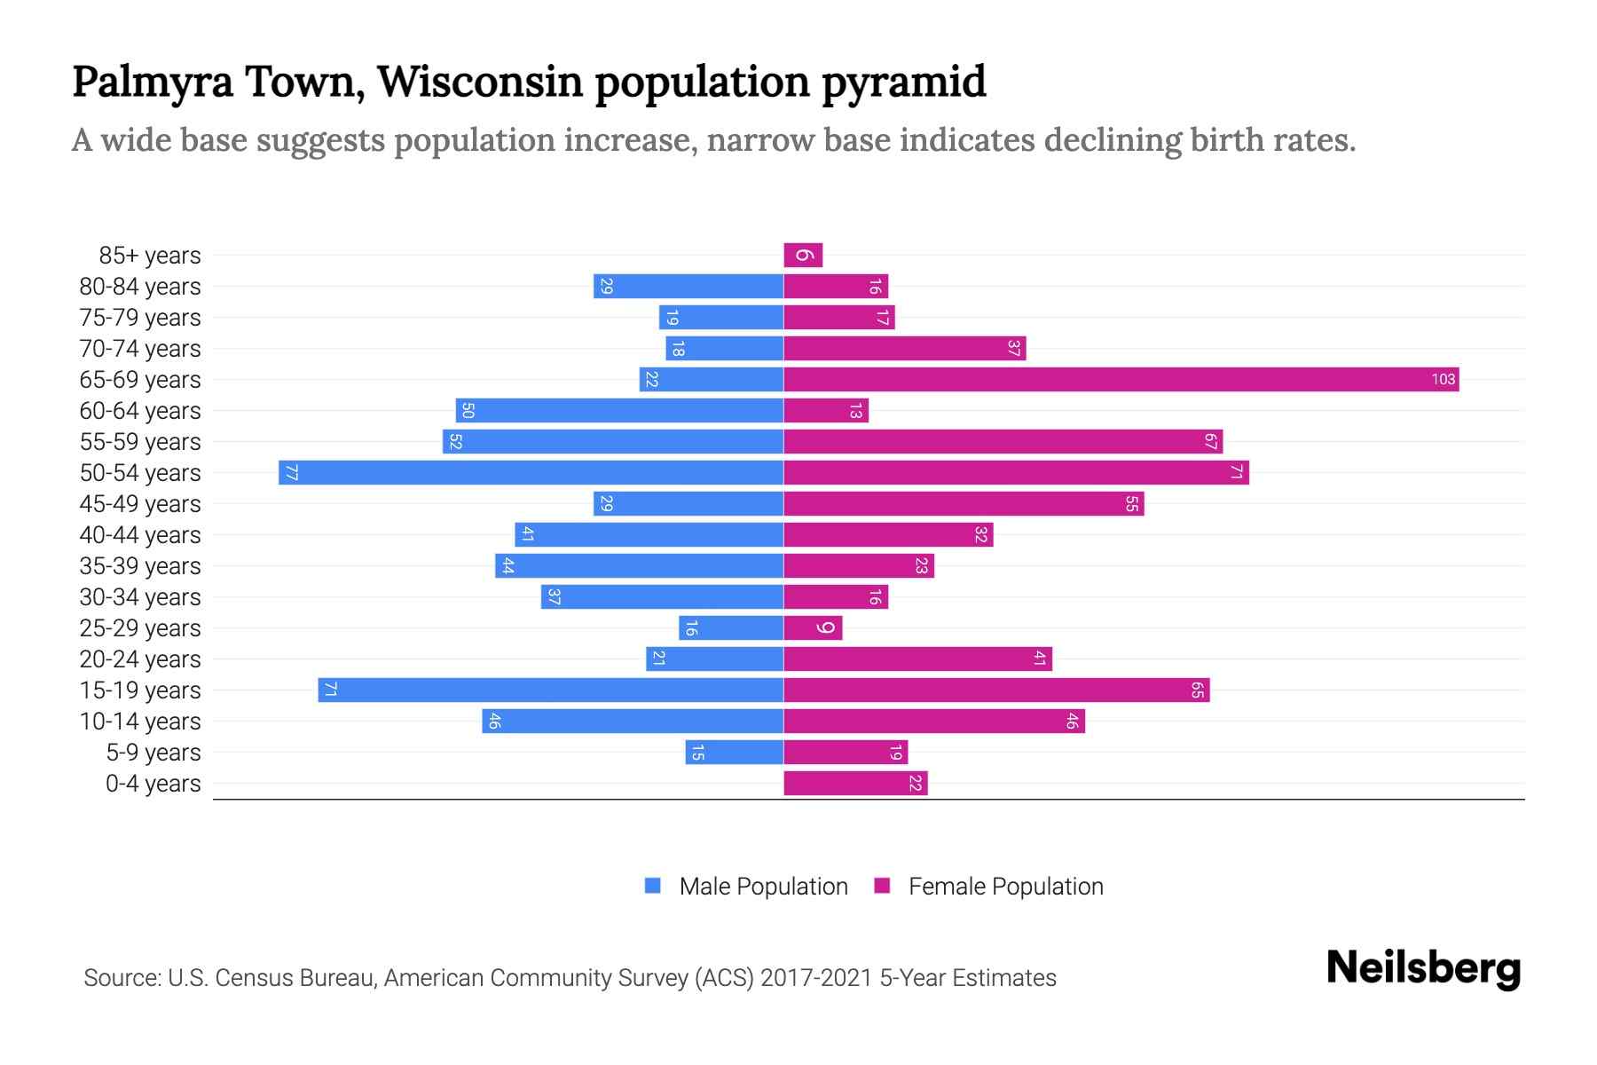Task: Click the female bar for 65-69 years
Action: [1121, 380]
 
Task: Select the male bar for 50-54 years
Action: [531, 473]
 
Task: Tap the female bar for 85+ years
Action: [803, 256]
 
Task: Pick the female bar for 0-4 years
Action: [855, 784]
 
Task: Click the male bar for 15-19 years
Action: [550, 690]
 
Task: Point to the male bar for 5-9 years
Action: [734, 753]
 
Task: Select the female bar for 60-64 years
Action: [826, 411]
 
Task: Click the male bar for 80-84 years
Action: [688, 287]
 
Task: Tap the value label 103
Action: [1443, 380]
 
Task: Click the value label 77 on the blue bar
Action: [291, 473]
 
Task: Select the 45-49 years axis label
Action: [140, 504]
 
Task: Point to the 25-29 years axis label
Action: [140, 628]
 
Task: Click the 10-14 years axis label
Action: [140, 722]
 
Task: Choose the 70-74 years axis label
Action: [140, 349]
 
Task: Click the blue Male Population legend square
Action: [653, 886]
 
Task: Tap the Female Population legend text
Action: [1005, 887]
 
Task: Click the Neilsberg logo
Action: [1423, 968]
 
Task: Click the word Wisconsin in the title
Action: [480, 82]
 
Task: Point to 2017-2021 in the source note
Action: [816, 978]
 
